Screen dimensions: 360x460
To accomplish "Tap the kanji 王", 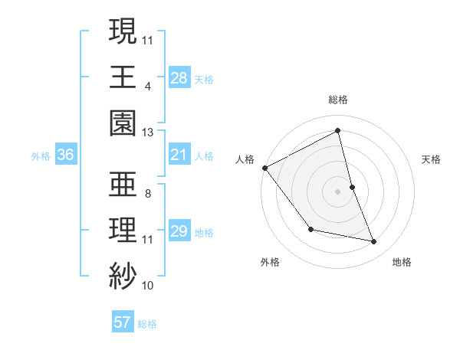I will (x=123, y=76).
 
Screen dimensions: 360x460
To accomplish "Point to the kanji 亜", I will (x=123, y=184).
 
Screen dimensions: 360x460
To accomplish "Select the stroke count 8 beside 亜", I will (x=147, y=194).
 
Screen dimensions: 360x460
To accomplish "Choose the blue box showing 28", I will (x=179, y=78).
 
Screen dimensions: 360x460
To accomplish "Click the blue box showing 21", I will (x=179, y=155).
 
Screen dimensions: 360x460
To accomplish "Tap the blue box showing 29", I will (x=179, y=231).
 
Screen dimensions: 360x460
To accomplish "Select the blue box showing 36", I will (x=66, y=155).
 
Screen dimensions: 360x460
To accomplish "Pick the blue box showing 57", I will (x=123, y=322).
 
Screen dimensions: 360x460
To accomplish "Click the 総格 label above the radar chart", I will (x=338, y=100).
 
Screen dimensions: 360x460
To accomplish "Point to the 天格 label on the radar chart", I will (x=431, y=159).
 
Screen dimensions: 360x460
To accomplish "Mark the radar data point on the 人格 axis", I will (x=265, y=168).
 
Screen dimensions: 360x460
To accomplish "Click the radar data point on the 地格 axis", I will (x=374, y=242).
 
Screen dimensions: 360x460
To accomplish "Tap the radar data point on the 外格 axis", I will (x=310, y=229).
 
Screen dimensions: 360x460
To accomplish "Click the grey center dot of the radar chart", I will (x=338, y=191).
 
